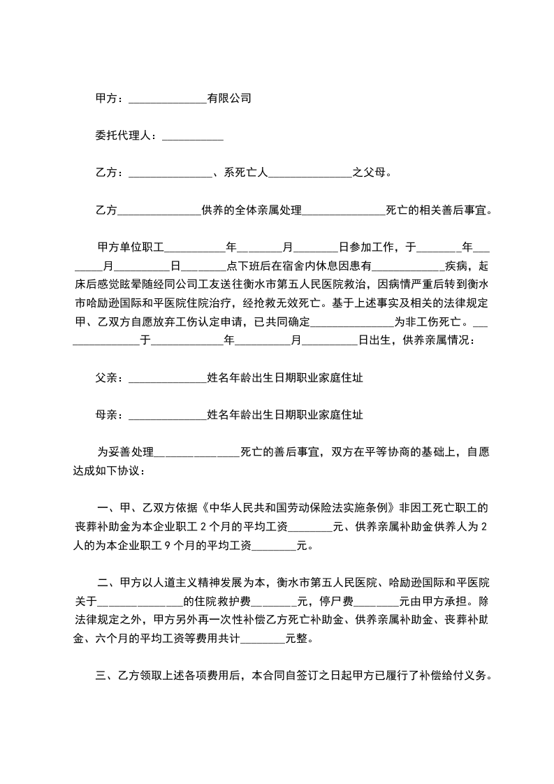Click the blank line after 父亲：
[168, 378]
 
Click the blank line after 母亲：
[168, 415]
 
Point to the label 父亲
[106, 378]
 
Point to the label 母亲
[106, 415]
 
